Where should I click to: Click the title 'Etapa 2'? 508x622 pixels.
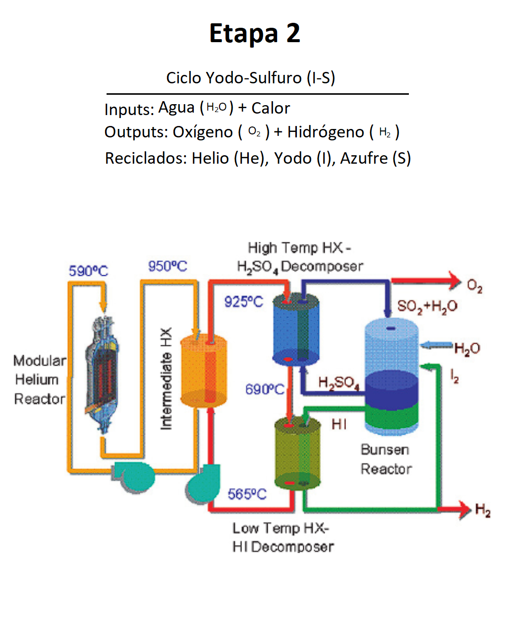pos(254,34)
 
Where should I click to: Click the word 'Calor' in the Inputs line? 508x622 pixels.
pos(271,108)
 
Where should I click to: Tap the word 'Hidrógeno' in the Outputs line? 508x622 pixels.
pos(326,132)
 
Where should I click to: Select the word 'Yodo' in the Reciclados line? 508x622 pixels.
pos(293,158)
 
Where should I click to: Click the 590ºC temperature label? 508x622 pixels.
pos(88,271)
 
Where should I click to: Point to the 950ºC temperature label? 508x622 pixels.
pos(168,266)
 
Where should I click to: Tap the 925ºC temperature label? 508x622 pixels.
pos(243,301)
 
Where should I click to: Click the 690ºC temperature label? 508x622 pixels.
pos(265,389)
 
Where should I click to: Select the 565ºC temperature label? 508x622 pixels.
pos(247,494)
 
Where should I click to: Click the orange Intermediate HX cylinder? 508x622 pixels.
pos(203,370)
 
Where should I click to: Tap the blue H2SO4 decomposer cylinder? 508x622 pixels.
pos(296,330)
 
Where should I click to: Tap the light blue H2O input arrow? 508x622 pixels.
pos(436,345)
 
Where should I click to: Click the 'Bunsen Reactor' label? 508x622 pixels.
pos(386,459)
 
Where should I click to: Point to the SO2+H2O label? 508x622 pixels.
pos(427,306)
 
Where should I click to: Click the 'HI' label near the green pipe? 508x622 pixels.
pos(339,424)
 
